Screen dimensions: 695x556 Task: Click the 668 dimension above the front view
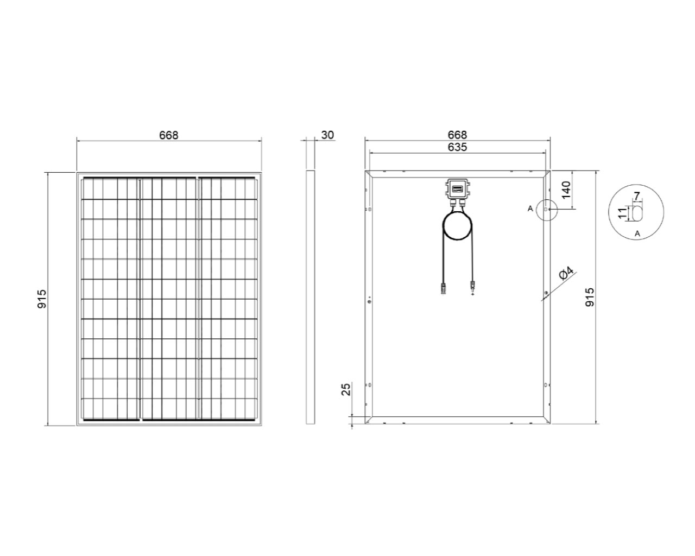coord(168,135)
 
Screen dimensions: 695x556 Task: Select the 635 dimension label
coord(457,147)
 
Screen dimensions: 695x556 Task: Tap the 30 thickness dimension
coord(327,135)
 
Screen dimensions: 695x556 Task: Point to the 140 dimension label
coord(566,189)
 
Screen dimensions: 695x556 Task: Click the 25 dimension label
coord(346,389)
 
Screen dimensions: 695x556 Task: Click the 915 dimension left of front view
coord(42,299)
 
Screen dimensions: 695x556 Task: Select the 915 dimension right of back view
coord(590,297)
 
